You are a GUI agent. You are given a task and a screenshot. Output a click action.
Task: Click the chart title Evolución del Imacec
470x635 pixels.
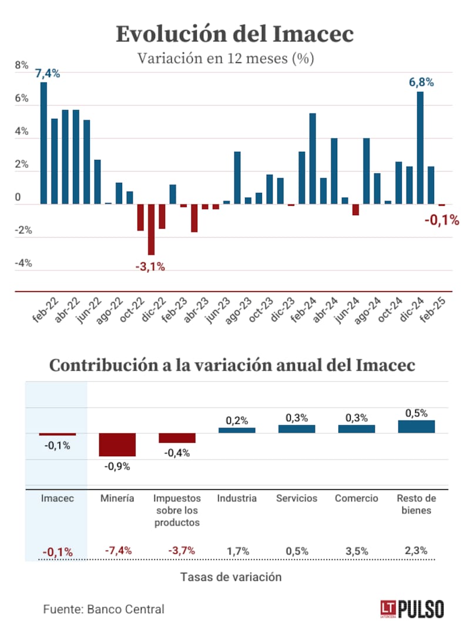tap(234, 34)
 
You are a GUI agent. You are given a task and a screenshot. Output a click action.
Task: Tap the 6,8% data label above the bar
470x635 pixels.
tap(421, 83)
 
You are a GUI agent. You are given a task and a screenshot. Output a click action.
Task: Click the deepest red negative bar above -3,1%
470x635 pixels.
tap(151, 229)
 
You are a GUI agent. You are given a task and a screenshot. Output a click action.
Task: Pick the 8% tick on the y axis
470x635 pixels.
tap(22, 66)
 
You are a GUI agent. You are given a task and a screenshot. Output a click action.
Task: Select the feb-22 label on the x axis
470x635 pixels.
tap(45, 310)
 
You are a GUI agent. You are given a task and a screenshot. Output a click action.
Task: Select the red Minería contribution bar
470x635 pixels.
tap(117, 444)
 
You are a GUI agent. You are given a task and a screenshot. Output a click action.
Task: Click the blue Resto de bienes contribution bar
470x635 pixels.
tap(416, 426)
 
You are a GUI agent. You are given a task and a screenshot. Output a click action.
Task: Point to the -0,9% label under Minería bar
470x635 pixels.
tap(117, 467)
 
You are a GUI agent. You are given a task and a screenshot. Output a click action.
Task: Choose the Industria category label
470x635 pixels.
tap(237, 499)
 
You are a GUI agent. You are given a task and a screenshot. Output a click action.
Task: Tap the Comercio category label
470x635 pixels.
tap(357, 499)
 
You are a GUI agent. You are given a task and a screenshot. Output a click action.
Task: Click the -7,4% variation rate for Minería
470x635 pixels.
tap(117, 551)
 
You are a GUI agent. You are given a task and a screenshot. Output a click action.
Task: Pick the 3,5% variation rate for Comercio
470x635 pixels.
tap(357, 551)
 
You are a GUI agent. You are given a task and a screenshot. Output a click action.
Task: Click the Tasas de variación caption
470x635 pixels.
tap(230, 577)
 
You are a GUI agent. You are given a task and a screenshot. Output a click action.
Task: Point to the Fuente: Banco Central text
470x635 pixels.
tap(103, 609)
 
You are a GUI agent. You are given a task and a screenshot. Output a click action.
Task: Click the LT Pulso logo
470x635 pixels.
tap(411, 609)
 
